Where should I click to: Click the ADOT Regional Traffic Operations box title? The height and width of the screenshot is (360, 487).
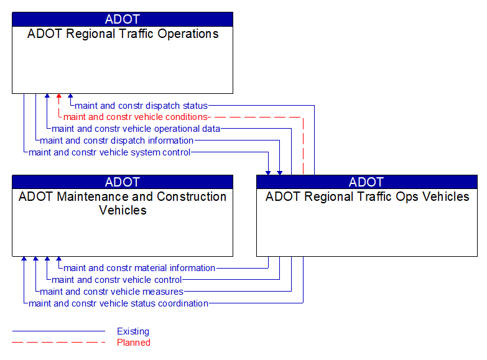coord(123,34)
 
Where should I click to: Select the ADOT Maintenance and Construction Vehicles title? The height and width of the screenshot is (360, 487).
coord(123,203)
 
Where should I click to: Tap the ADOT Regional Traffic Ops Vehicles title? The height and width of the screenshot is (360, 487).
coord(367,197)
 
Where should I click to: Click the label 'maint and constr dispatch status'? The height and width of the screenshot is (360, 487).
coord(141,106)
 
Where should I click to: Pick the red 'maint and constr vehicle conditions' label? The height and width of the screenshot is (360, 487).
coord(135,117)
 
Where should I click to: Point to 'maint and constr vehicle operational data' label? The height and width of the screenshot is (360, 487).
coord(136,129)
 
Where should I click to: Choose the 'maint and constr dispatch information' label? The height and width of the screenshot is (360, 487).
coord(117,141)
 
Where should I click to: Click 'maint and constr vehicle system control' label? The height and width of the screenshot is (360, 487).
coord(109,152)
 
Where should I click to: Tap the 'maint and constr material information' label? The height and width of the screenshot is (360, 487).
coord(139,268)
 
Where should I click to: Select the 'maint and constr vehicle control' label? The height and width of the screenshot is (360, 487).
coord(117,280)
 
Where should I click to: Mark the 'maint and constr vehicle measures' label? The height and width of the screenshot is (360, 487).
coord(112,292)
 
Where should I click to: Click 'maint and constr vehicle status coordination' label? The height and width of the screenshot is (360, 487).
coord(118,303)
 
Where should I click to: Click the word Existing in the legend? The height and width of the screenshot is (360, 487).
coord(133,331)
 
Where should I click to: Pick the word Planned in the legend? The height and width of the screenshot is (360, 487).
coord(134,343)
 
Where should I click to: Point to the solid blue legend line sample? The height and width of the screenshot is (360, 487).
coord(58,331)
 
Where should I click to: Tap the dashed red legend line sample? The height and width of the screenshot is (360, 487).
coord(58,343)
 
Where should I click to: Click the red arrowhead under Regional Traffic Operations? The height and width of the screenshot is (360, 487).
coord(59,97)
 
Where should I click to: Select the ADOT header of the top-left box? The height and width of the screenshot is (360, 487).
coord(123,19)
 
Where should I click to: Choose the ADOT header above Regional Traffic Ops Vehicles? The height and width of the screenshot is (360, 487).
coord(367,182)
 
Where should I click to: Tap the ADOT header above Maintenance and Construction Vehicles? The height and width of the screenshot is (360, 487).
coord(123,182)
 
